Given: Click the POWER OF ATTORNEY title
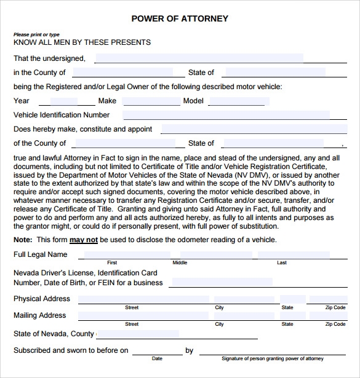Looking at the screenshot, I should (180, 18).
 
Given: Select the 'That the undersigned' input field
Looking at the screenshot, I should (198, 58).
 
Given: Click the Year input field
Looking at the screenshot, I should (63, 101).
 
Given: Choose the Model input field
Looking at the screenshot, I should (240, 101).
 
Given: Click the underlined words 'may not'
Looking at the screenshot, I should (84, 240).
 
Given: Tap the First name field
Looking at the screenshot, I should (111, 254).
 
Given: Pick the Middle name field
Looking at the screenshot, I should (180, 254).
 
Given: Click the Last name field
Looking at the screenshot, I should (282, 254).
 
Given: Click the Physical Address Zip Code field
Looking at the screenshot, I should (335, 299).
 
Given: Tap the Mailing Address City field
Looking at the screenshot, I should (220, 316).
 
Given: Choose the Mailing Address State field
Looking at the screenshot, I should (287, 316).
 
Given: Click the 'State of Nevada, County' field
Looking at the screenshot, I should (138, 334).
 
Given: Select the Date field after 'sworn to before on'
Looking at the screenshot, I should (158, 350).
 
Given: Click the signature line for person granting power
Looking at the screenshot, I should (272, 350).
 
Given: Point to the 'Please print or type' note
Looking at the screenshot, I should (37, 34).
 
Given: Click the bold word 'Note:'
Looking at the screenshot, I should (23, 240).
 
